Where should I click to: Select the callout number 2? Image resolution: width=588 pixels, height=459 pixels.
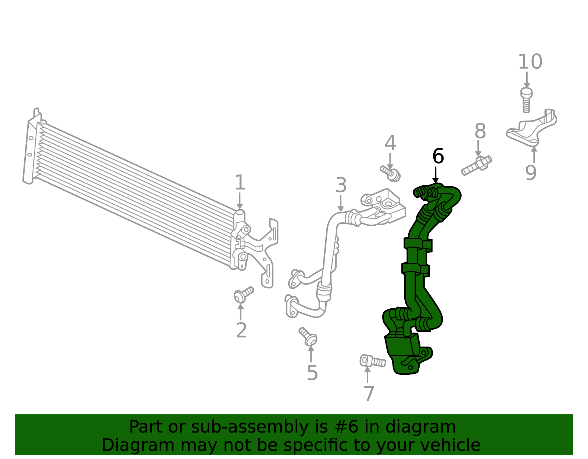point(241,330)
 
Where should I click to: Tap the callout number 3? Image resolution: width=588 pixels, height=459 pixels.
point(341,185)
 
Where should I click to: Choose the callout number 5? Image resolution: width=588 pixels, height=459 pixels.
point(312,373)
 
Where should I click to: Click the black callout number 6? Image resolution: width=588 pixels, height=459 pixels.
point(438,156)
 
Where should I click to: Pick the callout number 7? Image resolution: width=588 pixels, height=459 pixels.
point(369,394)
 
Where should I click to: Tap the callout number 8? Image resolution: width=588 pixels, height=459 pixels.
point(480,131)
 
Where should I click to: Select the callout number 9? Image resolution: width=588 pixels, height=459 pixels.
point(531,173)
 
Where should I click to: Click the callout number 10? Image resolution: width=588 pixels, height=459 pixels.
point(530,62)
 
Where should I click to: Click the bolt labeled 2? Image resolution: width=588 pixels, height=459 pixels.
point(244,295)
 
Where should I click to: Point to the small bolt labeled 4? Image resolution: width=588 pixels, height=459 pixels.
point(390,173)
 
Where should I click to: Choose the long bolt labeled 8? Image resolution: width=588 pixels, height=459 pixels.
point(477,165)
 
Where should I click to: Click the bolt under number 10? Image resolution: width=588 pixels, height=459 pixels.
point(526,100)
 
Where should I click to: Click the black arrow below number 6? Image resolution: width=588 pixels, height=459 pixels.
point(435,175)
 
